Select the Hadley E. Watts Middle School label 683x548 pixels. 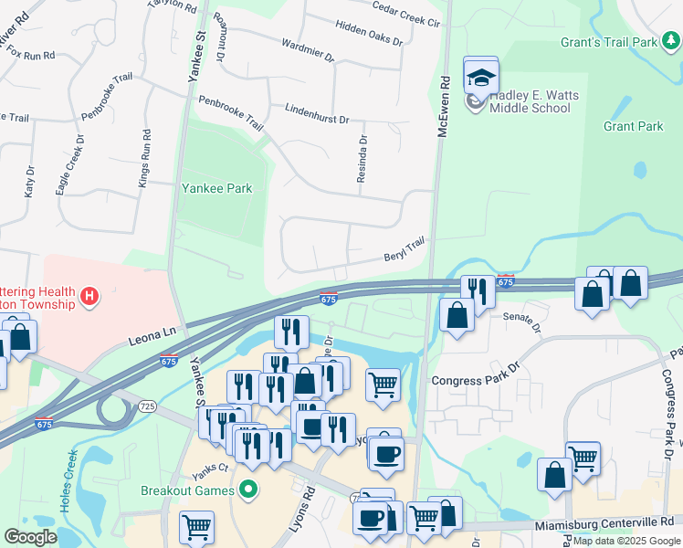pyautogui.click(x=530, y=101)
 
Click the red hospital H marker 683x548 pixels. pyautogui.click(x=89, y=296)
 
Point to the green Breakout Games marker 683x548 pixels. pyautogui.click(x=246, y=490)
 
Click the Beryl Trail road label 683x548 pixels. pyautogui.click(x=404, y=248)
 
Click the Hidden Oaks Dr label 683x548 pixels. pyautogui.click(x=369, y=34)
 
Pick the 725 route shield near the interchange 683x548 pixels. pyautogui.click(x=147, y=405)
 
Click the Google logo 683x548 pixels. pyautogui.click(x=30, y=537)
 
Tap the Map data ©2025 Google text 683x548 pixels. pyautogui.click(x=625, y=541)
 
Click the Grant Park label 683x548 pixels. pyautogui.click(x=633, y=126)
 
